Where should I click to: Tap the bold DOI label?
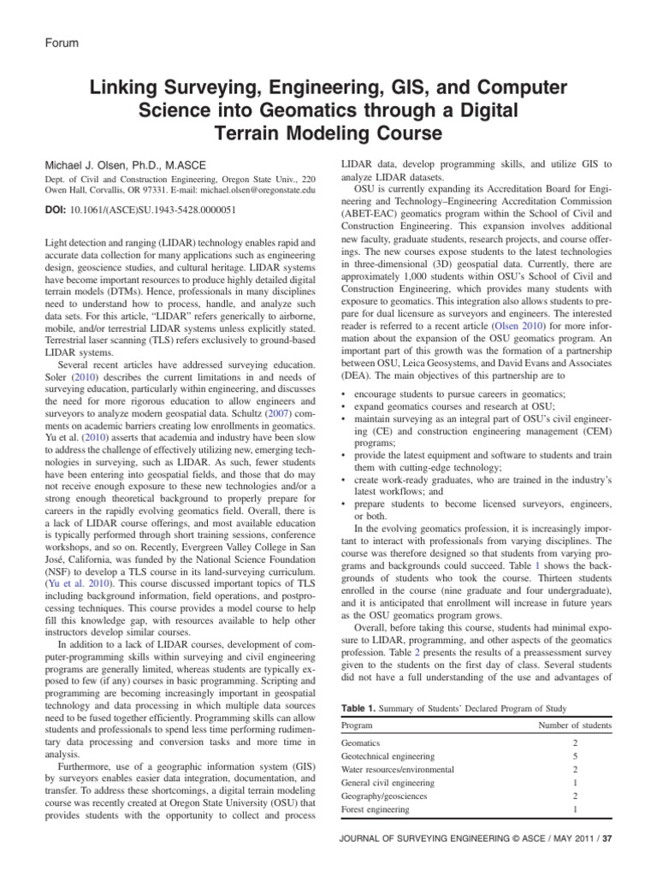(x=56, y=208)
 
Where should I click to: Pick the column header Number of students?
(x=574, y=725)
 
